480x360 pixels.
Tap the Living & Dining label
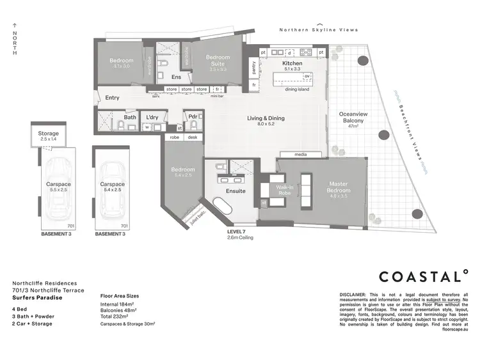click(266, 118)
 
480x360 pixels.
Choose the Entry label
click(112, 97)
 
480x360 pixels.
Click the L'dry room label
click(152, 118)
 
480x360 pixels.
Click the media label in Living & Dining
click(301, 155)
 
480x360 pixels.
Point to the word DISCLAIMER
click(354, 295)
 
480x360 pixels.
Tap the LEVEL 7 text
click(237, 231)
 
